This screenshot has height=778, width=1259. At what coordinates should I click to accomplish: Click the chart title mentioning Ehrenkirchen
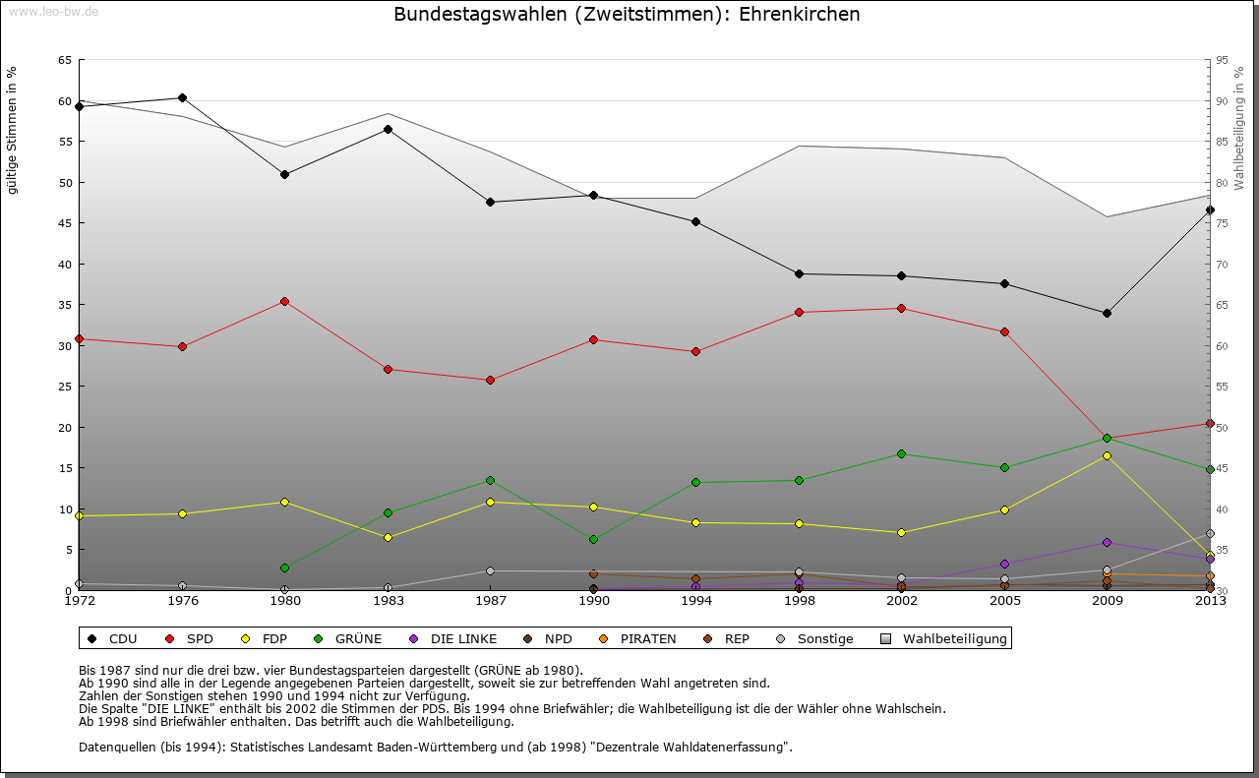coord(627,15)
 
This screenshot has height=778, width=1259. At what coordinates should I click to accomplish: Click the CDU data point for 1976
coord(182,97)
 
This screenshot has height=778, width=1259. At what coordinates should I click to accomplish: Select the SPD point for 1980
coord(284,301)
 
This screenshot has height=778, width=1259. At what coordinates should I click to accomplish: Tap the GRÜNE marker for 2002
coord(901,453)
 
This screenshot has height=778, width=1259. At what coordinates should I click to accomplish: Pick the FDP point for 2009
coord(1107,455)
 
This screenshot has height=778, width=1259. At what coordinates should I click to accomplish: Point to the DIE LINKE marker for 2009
coord(1107,542)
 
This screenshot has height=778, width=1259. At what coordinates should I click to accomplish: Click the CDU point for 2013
coord(1210,209)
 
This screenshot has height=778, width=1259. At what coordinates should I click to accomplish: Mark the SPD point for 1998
coord(799,312)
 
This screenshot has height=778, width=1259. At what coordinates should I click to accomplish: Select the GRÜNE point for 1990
coord(593,539)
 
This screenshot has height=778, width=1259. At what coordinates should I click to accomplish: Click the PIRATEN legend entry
coord(647,639)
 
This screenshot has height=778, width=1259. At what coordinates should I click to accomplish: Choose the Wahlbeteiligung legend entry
coord(954,639)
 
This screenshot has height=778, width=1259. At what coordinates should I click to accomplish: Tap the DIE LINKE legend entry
coord(463,639)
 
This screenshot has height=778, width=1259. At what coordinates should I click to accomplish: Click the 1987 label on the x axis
coord(490,601)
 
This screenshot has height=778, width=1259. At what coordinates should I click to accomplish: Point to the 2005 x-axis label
coord(1004,601)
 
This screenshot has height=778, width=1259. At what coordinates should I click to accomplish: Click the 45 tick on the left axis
coord(64,223)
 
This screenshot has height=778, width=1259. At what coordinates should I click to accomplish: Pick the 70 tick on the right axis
coord(1223,265)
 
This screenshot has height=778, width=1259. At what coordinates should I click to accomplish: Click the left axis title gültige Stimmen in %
coord(13,130)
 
